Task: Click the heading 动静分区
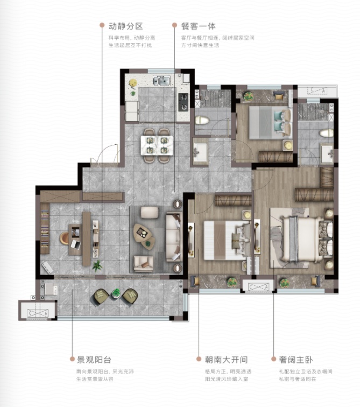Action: click(x=126, y=26)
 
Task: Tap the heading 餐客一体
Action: click(x=199, y=26)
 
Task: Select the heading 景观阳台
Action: click(x=94, y=360)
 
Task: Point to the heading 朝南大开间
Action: click(x=227, y=360)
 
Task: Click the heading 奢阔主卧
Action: click(x=296, y=360)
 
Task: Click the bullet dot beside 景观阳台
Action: click(x=72, y=359)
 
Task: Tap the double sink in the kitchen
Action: click(x=161, y=80)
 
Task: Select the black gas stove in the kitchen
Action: click(x=183, y=102)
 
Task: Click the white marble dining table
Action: click(x=157, y=145)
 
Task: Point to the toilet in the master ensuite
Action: click(x=327, y=133)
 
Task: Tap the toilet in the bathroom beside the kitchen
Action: click(x=202, y=120)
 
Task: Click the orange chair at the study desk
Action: click(x=65, y=238)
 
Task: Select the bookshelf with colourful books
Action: click(x=45, y=228)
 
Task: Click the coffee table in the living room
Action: click(x=144, y=237)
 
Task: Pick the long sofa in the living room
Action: click(x=173, y=237)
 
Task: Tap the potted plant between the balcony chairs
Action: click(x=116, y=293)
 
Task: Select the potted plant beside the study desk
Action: click(x=97, y=266)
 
